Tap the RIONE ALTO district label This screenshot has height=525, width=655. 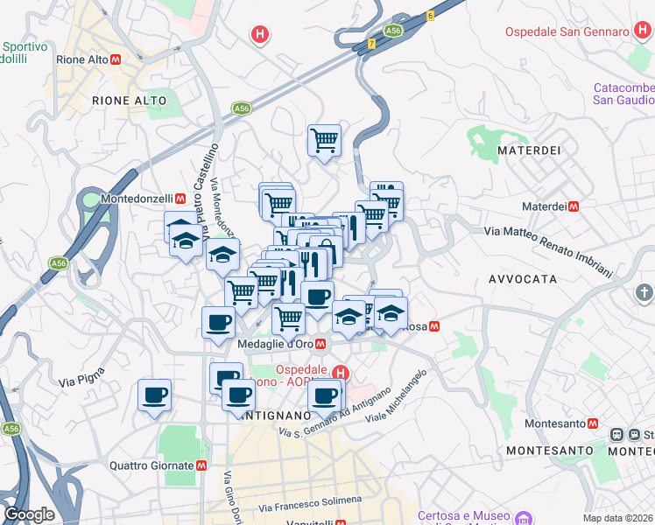point(129,101)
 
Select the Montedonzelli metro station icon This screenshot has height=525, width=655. point(180,199)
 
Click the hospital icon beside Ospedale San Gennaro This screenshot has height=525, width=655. point(639,31)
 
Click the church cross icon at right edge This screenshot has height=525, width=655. point(644,292)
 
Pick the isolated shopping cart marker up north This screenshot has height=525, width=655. point(324,140)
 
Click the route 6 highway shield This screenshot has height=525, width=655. point(430,16)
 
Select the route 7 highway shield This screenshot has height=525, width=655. point(371,42)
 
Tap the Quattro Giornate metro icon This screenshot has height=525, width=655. point(201,465)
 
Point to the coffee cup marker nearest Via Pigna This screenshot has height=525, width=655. point(154,395)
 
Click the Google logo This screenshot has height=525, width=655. point(29,514)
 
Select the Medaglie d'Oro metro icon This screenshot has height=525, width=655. point(321,344)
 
